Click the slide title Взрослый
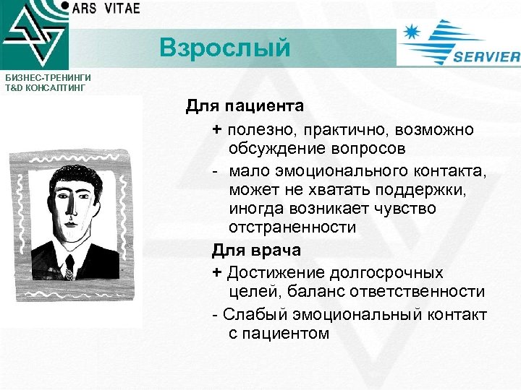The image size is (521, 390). coord(224,48)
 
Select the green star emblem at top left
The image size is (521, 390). coord(33,34)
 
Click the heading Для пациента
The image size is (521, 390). coord(245,106)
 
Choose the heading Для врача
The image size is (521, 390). coord(256,250)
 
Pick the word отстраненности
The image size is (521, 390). coord(292,227)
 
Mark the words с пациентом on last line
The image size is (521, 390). coord(279,334)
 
